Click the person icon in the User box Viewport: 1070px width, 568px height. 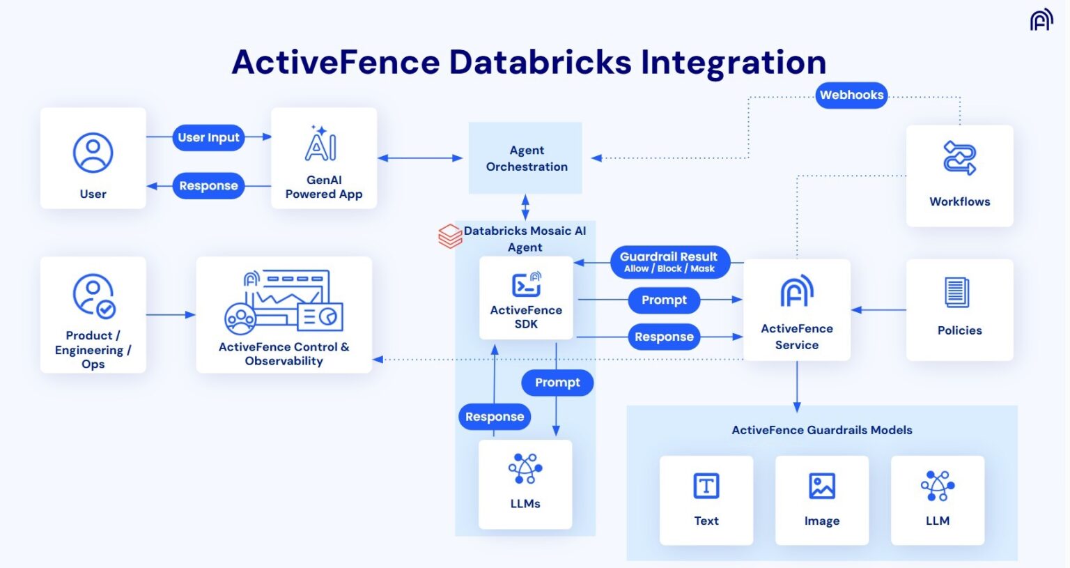tap(93, 153)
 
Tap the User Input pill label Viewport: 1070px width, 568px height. tap(208, 137)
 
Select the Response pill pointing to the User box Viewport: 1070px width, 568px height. tap(208, 185)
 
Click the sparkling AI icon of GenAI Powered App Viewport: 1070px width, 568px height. tap(320, 144)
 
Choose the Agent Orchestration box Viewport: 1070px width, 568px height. tap(526, 158)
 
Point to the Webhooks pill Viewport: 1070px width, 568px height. tap(851, 95)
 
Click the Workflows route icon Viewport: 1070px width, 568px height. tap(959, 158)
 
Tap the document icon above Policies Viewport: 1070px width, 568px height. tap(956, 293)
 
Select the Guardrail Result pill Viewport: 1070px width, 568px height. tap(669, 261)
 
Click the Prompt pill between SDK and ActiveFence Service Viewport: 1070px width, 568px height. tap(664, 300)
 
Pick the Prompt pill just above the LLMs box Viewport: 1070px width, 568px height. tap(557, 382)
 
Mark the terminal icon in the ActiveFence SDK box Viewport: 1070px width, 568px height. tap(526, 284)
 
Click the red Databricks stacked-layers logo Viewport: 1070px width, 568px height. tap(450, 236)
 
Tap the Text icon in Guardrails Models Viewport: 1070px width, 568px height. tap(706, 486)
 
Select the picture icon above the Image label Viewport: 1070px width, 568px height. tap(821, 486)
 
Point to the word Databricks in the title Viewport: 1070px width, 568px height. tap(540, 62)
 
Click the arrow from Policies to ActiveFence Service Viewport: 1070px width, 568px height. tap(878, 310)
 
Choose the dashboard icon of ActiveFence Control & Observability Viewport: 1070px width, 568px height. tap(284, 302)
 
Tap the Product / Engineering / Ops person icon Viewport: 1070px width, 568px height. tap(93, 295)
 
